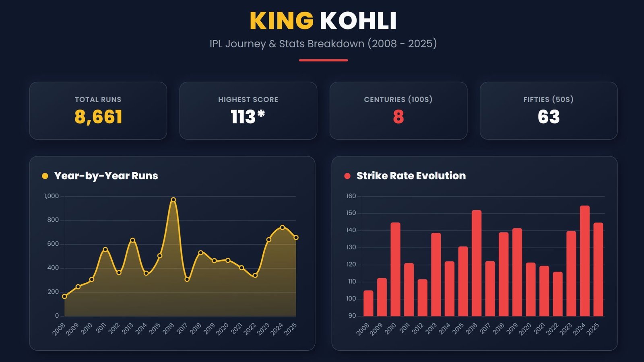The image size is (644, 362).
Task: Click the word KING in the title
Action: point(281,21)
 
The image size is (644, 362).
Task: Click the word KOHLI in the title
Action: point(358,21)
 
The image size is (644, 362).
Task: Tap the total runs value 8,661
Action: point(98,117)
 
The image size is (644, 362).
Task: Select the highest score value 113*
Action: point(248,117)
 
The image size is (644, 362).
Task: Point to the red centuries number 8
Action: point(398,117)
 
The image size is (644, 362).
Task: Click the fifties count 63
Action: point(549,117)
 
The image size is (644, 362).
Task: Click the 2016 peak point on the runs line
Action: point(173,200)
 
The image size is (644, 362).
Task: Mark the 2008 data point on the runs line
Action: point(64,296)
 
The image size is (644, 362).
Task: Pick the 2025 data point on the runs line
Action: point(296,238)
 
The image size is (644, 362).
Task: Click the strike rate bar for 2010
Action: point(395,269)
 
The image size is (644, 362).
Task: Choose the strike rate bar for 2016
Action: point(476,263)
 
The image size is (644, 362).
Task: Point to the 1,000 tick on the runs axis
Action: point(52,196)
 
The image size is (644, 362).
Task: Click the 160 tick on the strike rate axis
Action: point(351,196)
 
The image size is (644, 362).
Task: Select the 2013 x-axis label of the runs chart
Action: point(128,329)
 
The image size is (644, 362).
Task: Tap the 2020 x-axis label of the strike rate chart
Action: point(525,329)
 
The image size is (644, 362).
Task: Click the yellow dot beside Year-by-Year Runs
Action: point(45,176)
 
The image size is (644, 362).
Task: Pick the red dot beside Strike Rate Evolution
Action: point(347,176)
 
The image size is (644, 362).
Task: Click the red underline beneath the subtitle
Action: point(323,60)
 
